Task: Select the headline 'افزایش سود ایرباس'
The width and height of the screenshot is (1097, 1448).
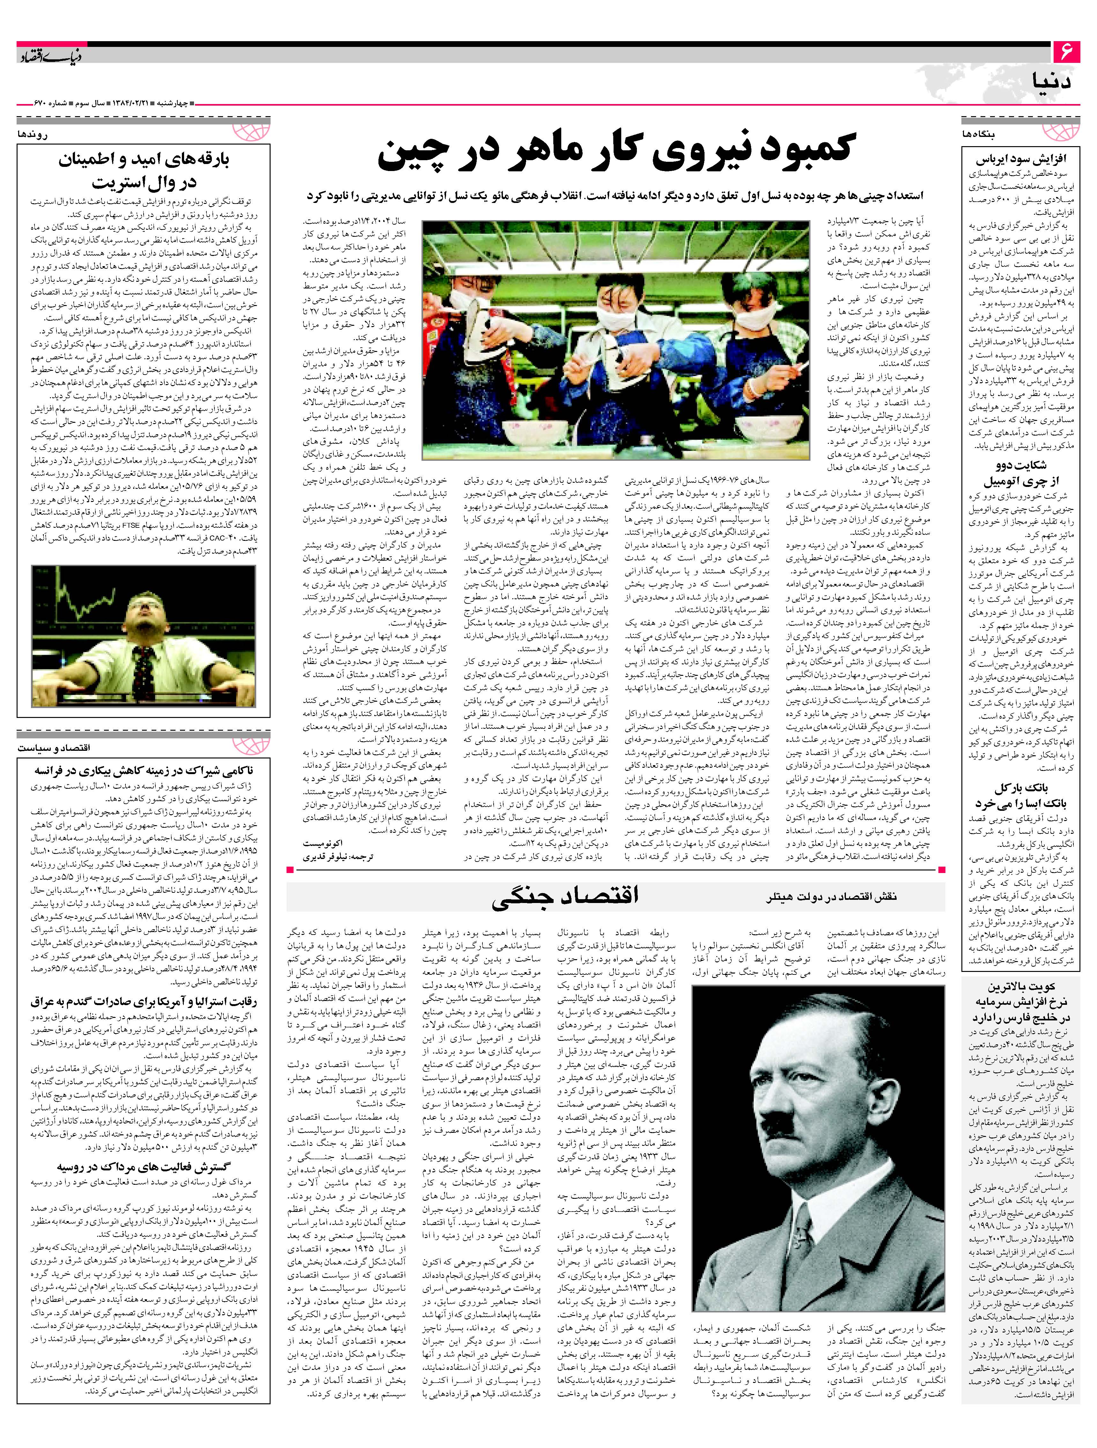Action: click(1021, 159)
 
